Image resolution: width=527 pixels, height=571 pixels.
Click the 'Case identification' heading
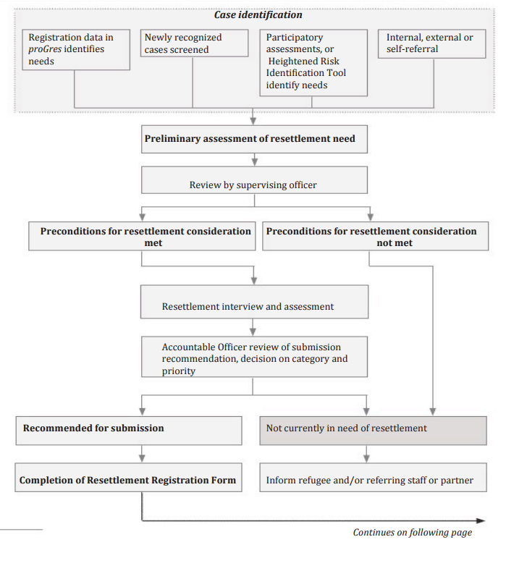(x=258, y=15)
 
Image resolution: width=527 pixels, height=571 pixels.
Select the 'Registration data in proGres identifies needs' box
(x=76, y=49)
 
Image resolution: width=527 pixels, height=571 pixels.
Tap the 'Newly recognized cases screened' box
(x=194, y=43)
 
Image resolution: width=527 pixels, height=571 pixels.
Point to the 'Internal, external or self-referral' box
(x=432, y=43)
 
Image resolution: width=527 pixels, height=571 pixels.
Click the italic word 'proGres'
(x=45, y=49)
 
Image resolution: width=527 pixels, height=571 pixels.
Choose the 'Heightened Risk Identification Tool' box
(x=313, y=63)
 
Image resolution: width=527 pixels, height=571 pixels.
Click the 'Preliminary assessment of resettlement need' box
(x=254, y=139)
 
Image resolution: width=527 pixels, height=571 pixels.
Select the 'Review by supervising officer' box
(x=254, y=180)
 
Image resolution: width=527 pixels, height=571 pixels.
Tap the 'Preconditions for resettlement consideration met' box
(x=142, y=236)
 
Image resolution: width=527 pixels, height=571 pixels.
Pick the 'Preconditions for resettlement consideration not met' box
(x=376, y=236)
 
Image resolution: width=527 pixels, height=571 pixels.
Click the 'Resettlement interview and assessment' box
(x=254, y=302)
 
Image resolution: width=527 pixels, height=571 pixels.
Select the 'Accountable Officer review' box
(x=254, y=357)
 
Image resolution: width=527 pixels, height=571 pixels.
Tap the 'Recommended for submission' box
(x=129, y=431)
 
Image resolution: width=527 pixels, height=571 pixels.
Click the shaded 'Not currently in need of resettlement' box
(x=373, y=431)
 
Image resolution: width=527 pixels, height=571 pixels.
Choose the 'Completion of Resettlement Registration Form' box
(x=128, y=478)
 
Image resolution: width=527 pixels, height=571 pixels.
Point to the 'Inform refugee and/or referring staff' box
(x=373, y=478)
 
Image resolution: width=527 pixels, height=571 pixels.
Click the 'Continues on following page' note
(x=413, y=533)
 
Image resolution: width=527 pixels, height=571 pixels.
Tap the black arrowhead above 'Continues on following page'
(x=481, y=521)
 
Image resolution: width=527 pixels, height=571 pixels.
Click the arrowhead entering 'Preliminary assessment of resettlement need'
(x=253, y=122)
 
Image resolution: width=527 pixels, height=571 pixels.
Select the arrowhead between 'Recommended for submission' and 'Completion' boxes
(x=142, y=459)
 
